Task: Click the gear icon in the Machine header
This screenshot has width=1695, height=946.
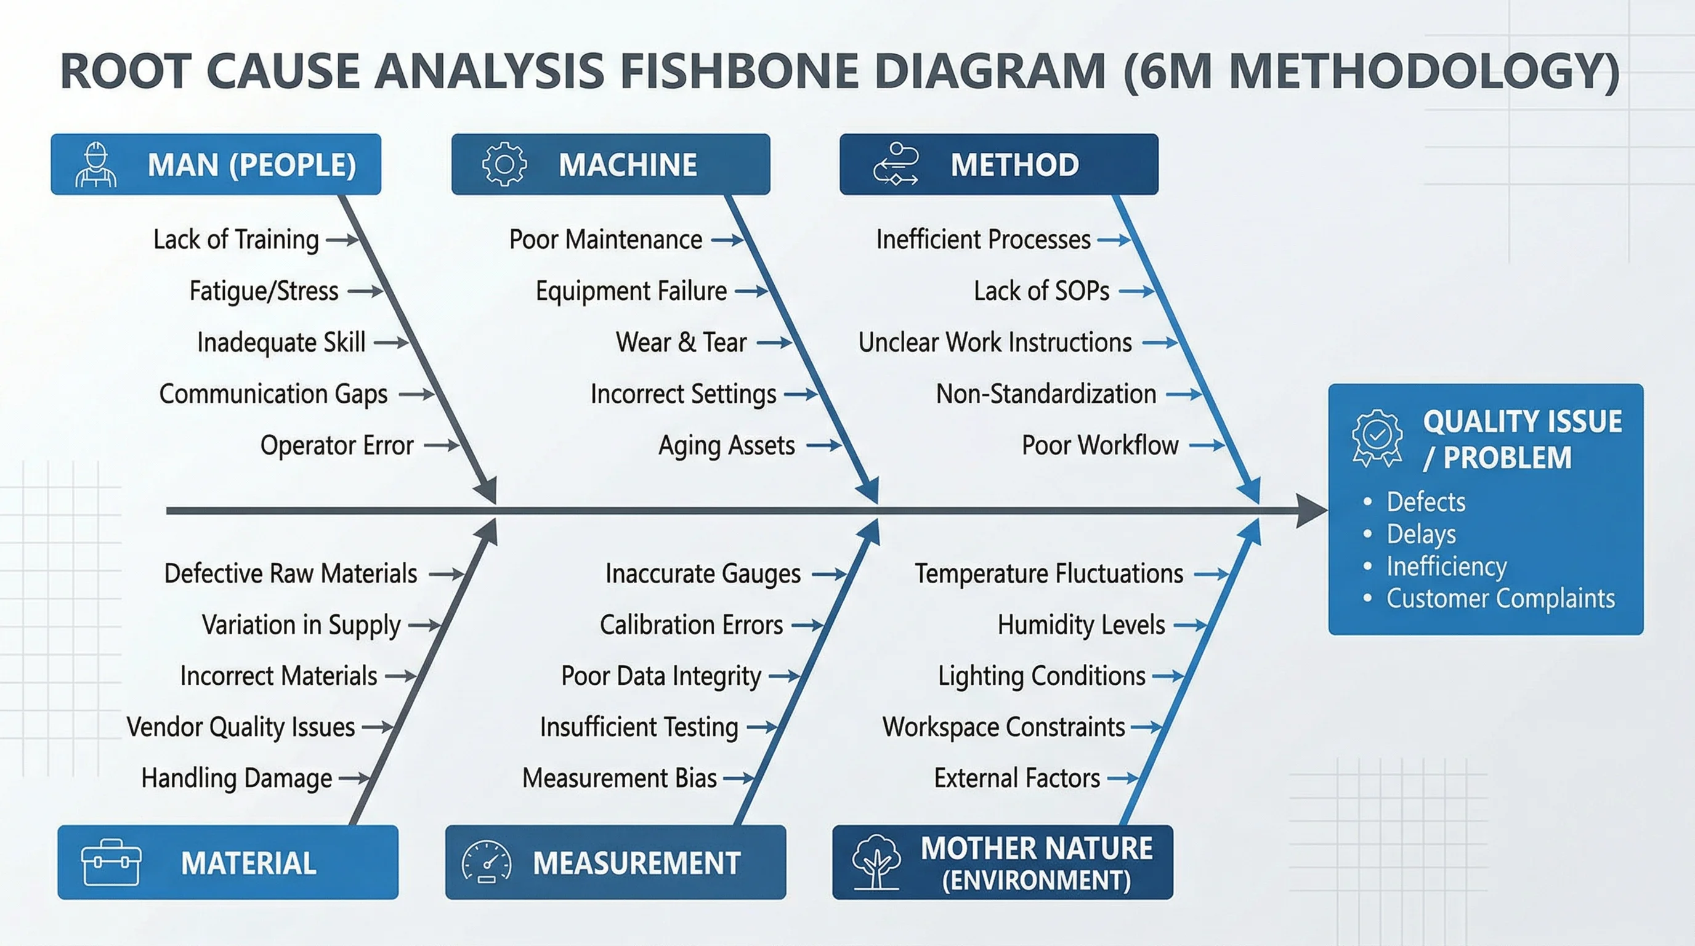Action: click(x=504, y=164)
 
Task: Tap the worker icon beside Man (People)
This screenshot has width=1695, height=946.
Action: click(x=96, y=164)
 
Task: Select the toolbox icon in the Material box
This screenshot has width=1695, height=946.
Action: click(x=110, y=862)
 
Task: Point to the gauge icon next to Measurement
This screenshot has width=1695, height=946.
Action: click(x=486, y=862)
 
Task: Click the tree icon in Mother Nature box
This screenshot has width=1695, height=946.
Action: click(x=876, y=862)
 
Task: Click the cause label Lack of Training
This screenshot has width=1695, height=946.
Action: click(x=235, y=240)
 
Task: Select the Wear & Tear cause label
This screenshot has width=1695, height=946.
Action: click(x=681, y=342)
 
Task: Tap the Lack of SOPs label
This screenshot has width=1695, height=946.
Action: click(x=1041, y=291)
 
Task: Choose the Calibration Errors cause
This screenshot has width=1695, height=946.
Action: click(x=691, y=625)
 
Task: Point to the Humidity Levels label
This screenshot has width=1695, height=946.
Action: click(x=1081, y=625)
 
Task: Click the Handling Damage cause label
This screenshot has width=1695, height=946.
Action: click(x=237, y=778)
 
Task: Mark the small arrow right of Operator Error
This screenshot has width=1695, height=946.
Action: click(x=442, y=445)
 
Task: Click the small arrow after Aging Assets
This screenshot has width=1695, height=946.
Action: click(x=824, y=445)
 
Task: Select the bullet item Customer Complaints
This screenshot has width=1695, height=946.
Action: click(x=1500, y=599)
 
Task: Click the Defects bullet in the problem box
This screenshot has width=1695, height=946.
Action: click(x=1426, y=502)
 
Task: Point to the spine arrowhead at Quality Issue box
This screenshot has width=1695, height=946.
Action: click(x=1311, y=511)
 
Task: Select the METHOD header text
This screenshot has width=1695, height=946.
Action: click(x=1014, y=164)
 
